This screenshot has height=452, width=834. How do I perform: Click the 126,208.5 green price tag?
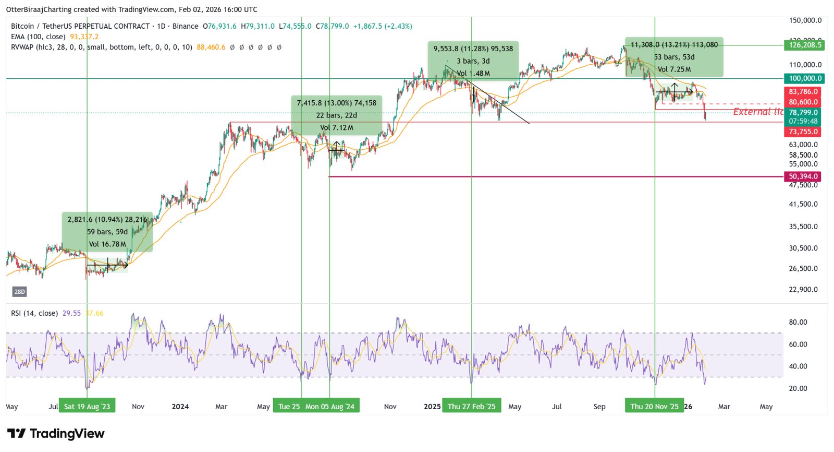804,45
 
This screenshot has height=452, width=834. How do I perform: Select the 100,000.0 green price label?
804,78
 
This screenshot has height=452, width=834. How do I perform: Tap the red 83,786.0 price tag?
803,91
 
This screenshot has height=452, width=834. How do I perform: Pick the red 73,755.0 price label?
803,132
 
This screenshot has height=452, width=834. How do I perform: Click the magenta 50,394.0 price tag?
803,176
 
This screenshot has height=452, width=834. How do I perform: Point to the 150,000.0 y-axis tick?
805,20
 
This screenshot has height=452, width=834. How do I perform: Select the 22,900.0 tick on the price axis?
803,289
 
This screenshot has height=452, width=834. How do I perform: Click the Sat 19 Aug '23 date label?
87,407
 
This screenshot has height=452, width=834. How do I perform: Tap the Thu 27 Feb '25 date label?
471,407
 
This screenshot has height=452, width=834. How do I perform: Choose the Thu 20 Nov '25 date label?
654,407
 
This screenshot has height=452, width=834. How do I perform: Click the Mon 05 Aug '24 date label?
330,407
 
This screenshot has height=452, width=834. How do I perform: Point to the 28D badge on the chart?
19,292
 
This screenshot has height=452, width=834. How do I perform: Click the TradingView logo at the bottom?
56,434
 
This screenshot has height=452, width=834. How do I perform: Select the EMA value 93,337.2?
84,37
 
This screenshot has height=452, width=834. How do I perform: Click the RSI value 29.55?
71,313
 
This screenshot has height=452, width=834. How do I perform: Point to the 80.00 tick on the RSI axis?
798,322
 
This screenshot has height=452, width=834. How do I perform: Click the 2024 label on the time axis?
180,407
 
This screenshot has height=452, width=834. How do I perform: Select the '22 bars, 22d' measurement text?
336,115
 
